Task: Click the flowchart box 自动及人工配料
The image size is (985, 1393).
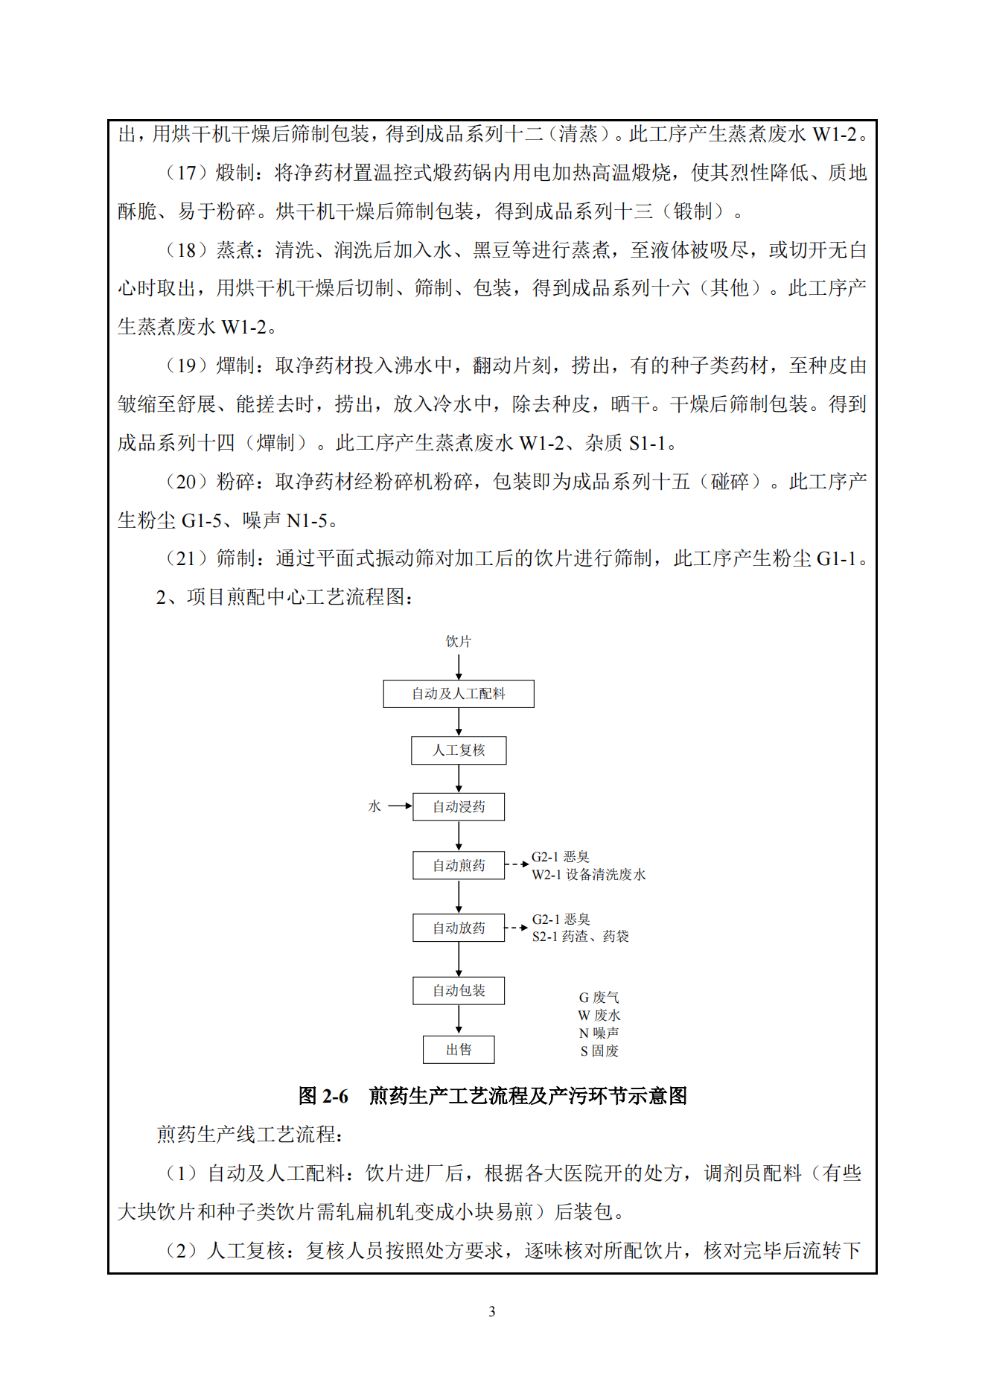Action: click(459, 693)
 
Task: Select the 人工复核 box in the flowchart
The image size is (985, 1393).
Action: click(459, 750)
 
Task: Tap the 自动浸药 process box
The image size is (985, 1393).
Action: click(459, 806)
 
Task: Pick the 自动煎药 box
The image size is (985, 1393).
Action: click(459, 865)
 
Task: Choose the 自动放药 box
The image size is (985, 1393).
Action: click(459, 928)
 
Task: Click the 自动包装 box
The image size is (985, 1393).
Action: click(459, 990)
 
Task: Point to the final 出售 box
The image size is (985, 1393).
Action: click(459, 1049)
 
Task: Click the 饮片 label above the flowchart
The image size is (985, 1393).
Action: click(459, 641)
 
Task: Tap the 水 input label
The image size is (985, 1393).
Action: click(374, 806)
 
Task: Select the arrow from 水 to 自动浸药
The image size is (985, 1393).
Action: click(400, 806)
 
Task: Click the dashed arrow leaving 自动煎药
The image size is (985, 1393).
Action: click(517, 864)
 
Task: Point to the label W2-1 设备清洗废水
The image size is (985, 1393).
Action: click(588, 875)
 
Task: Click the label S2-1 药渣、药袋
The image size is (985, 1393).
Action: click(580, 937)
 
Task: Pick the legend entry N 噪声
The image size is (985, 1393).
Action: click(599, 1033)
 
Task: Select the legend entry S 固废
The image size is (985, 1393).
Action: click(599, 1051)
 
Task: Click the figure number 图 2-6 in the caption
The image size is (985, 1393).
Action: click(323, 1096)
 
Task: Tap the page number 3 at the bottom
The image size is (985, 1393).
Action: click(492, 1311)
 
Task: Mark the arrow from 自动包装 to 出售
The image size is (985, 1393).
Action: click(459, 1019)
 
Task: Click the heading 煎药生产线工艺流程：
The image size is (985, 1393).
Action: click(249, 1135)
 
